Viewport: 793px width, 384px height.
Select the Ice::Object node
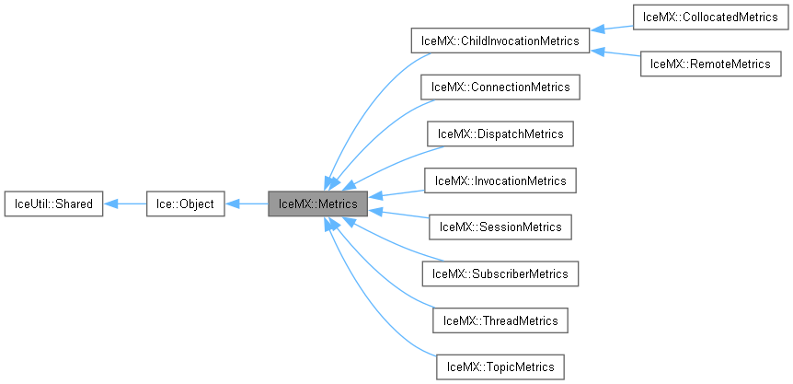coord(185,203)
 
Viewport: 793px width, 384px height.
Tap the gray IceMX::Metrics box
coord(317,203)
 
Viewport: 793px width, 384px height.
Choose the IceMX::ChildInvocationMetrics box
coord(500,40)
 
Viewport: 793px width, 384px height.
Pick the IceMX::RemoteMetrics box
coord(710,64)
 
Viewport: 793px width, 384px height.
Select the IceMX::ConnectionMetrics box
coord(500,87)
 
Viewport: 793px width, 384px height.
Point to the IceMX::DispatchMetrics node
coord(500,134)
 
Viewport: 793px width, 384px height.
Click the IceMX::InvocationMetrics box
coord(500,180)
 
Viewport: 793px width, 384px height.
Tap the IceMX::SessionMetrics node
coord(500,227)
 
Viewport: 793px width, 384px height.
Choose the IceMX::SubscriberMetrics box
coord(500,273)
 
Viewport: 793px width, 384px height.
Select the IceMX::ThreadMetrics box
coord(500,320)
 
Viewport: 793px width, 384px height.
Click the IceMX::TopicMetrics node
coord(500,367)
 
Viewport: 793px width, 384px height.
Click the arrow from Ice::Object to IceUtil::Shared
coord(124,203)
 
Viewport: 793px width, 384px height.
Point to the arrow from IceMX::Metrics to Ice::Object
coord(247,203)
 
